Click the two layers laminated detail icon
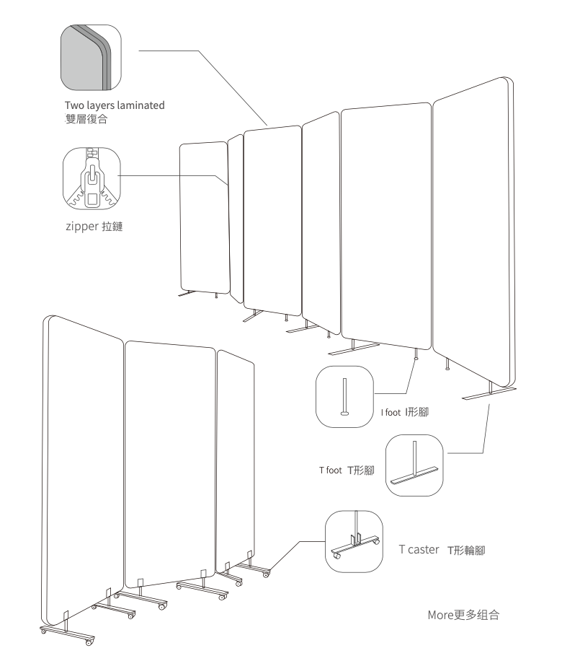point(90,54)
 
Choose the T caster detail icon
point(354,540)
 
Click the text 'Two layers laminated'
point(115,105)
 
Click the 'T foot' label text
point(331,470)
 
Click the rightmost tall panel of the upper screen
point(476,231)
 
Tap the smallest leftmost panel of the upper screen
point(204,216)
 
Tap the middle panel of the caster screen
point(171,462)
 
